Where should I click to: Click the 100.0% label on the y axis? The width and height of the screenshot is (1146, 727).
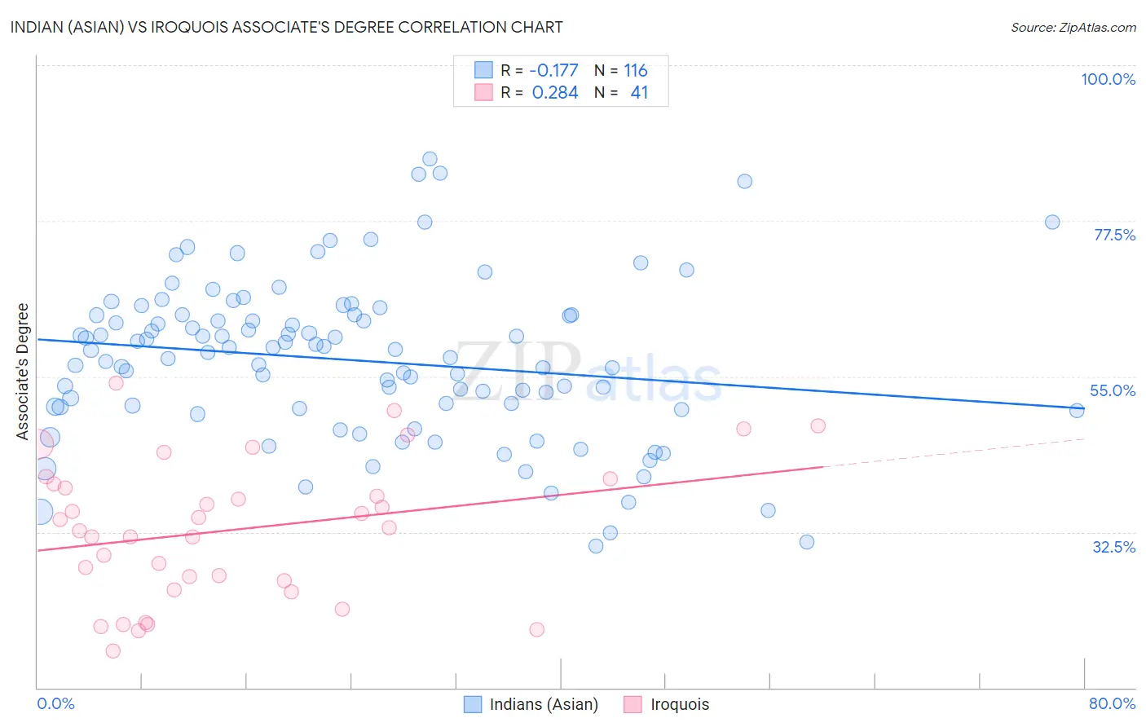1108,79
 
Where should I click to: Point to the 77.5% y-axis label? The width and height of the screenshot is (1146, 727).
1114,235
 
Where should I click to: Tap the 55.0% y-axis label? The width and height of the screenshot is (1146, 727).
1113,390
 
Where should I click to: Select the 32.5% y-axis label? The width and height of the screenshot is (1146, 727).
1113,547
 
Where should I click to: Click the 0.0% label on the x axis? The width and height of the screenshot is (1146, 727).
55,703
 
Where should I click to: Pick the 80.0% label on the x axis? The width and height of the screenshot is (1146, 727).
1112,703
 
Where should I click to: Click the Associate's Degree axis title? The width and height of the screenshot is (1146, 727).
23,372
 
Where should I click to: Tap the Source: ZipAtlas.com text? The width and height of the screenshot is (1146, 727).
1073,28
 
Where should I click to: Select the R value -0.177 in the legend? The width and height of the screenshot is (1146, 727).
553,71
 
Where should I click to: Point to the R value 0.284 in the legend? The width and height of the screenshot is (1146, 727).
555,93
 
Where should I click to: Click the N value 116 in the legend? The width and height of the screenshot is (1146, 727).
636,71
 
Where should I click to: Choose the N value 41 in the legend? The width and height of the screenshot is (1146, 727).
639,93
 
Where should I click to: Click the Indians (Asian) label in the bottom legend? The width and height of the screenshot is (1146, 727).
544,704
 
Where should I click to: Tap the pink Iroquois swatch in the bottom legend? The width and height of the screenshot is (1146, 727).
633,704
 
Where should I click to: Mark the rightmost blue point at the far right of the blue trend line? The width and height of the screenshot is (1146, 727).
1077,411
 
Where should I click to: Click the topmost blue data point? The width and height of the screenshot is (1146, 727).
430,159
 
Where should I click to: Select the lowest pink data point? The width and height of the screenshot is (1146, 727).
113,650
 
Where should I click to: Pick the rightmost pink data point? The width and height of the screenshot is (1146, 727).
818,425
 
